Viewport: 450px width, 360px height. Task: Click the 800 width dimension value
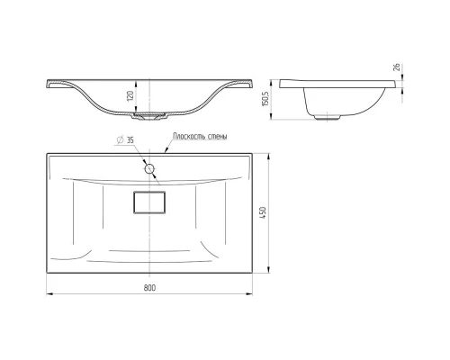[149, 288]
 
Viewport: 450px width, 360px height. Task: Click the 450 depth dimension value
[263, 212]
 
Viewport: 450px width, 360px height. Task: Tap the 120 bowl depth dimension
[130, 96]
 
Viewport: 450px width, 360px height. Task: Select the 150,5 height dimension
[265, 99]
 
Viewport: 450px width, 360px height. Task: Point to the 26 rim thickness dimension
[397, 67]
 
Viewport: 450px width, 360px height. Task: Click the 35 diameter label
[130, 140]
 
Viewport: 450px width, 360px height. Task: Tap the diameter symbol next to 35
[121, 140]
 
